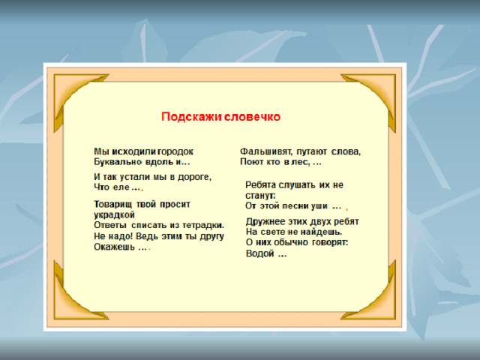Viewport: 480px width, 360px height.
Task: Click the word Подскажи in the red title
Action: pos(192,117)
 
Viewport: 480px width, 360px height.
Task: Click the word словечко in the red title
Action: pos(252,117)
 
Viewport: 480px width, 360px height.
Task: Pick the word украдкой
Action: pos(114,215)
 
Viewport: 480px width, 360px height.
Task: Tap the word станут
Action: pos(260,195)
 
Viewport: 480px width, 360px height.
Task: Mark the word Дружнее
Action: pos(265,222)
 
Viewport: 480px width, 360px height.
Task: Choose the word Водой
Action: pos(259,253)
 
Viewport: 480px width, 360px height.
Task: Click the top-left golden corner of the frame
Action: pos(66,91)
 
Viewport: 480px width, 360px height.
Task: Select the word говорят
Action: pos(330,243)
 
